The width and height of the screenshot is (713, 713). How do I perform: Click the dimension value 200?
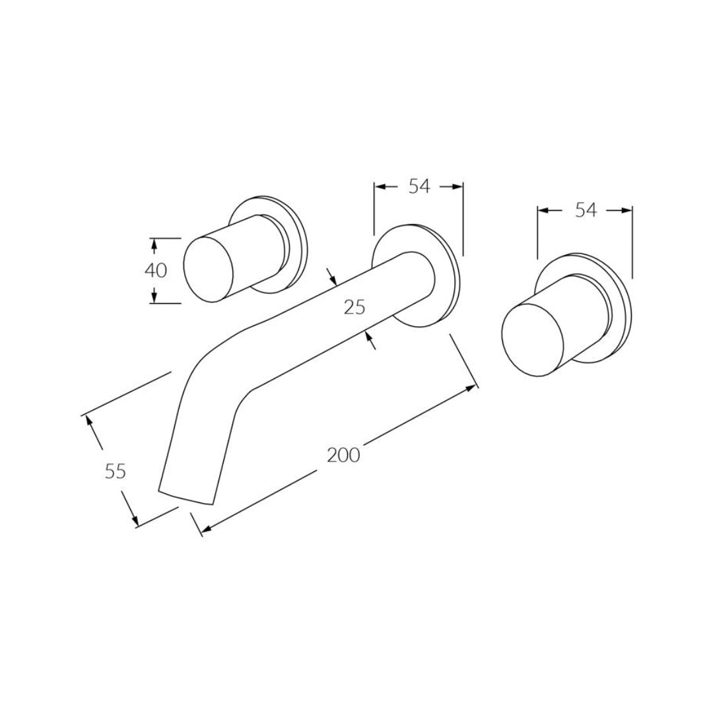click(343, 455)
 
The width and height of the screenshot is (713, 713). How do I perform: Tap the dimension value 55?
click(115, 471)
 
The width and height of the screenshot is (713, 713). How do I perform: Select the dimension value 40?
click(156, 271)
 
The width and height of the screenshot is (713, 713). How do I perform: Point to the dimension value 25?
click(355, 308)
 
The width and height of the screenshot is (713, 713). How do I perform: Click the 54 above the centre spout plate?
click(419, 186)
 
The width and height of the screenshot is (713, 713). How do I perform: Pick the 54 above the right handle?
click(586, 210)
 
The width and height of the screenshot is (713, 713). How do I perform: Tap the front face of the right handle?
click(533, 340)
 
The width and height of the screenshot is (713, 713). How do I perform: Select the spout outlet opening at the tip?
click(186, 498)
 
